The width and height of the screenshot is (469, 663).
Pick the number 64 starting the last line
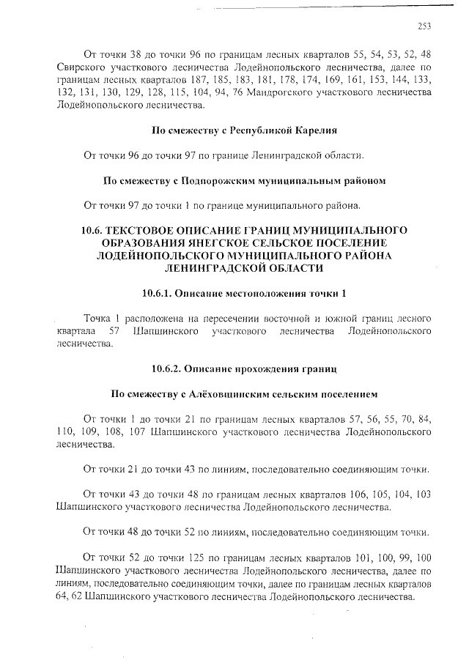(64, 596)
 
